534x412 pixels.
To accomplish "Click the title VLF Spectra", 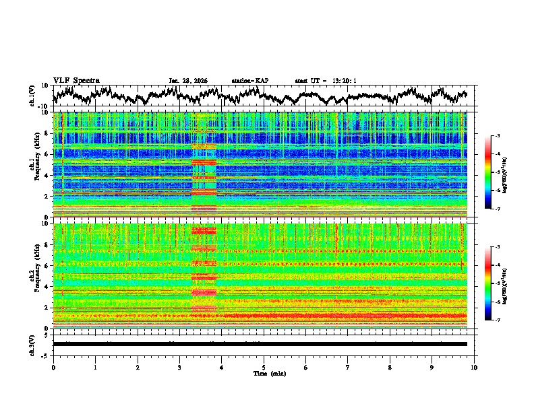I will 76,80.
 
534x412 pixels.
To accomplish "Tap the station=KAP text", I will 250,81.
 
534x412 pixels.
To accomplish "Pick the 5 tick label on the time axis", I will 264,367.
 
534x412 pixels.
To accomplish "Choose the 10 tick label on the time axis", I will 474,367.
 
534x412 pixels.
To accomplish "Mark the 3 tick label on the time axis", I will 179,367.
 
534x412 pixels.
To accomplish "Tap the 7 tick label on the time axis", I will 348,367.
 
